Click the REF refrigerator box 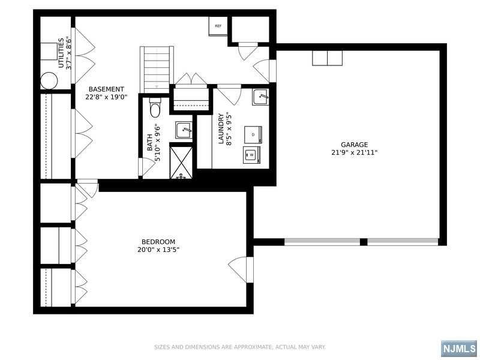click(x=218, y=26)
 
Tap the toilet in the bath click(x=155, y=108)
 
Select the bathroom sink click(x=184, y=130)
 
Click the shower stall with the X click(x=181, y=162)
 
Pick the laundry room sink click(x=260, y=97)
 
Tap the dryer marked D click(x=253, y=134)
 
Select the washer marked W click(x=251, y=155)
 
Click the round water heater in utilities click(x=49, y=81)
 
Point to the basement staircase click(x=157, y=70)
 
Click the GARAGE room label click(x=354, y=145)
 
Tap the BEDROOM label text click(x=158, y=242)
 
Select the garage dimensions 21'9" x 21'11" click(x=354, y=152)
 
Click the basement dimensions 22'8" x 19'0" click(x=106, y=97)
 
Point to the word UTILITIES click(x=61, y=53)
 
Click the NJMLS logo click(x=459, y=348)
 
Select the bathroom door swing click(x=146, y=167)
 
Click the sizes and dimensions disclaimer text click(x=239, y=347)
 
